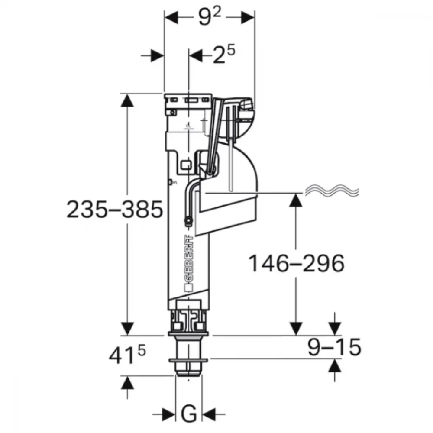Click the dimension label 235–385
pos(115,209)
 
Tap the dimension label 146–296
pos(297,263)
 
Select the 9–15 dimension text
pos(334,347)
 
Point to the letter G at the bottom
pos(189,414)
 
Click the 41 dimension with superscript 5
pos(127,355)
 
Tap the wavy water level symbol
pos(332,191)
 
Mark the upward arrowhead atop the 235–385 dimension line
pos(127,100)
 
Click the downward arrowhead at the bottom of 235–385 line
pos(127,329)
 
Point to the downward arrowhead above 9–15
pos(335,329)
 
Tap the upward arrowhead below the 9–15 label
pos(335,365)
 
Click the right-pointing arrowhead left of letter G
pos(169,414)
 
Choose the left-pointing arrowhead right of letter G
pos(209,414)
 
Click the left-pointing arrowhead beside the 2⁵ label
pos(196,56)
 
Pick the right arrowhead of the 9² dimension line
pos(248,17)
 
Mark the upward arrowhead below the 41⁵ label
pos(127,383)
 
